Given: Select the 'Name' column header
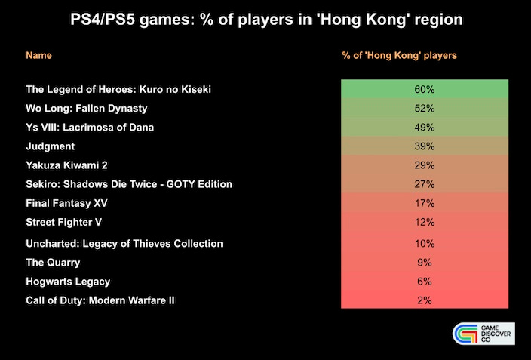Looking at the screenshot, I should coord(39,56).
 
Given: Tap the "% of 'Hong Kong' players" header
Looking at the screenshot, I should coord(399,56).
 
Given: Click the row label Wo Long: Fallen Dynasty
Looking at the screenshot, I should coord(86,109).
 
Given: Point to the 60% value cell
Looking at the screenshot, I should coord(425,90).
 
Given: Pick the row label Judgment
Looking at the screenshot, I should coord(50,146).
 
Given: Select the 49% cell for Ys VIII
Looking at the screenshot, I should coord(425,128).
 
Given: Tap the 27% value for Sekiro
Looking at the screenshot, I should coord(425,184).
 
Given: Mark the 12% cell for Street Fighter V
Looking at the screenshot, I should coord(425,222).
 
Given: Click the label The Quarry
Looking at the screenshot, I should coord(53,263).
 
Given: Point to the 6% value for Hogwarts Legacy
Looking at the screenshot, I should coord(425,282).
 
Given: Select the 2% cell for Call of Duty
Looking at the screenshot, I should coord(425,300).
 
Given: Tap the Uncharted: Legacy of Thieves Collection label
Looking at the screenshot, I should coord(124,244).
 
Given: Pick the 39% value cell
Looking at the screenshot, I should coord(425,146).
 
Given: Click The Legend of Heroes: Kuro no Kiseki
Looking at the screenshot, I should coord(118,90).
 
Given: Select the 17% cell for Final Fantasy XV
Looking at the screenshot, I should coord(425,203).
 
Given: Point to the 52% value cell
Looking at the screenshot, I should coord(425,109).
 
